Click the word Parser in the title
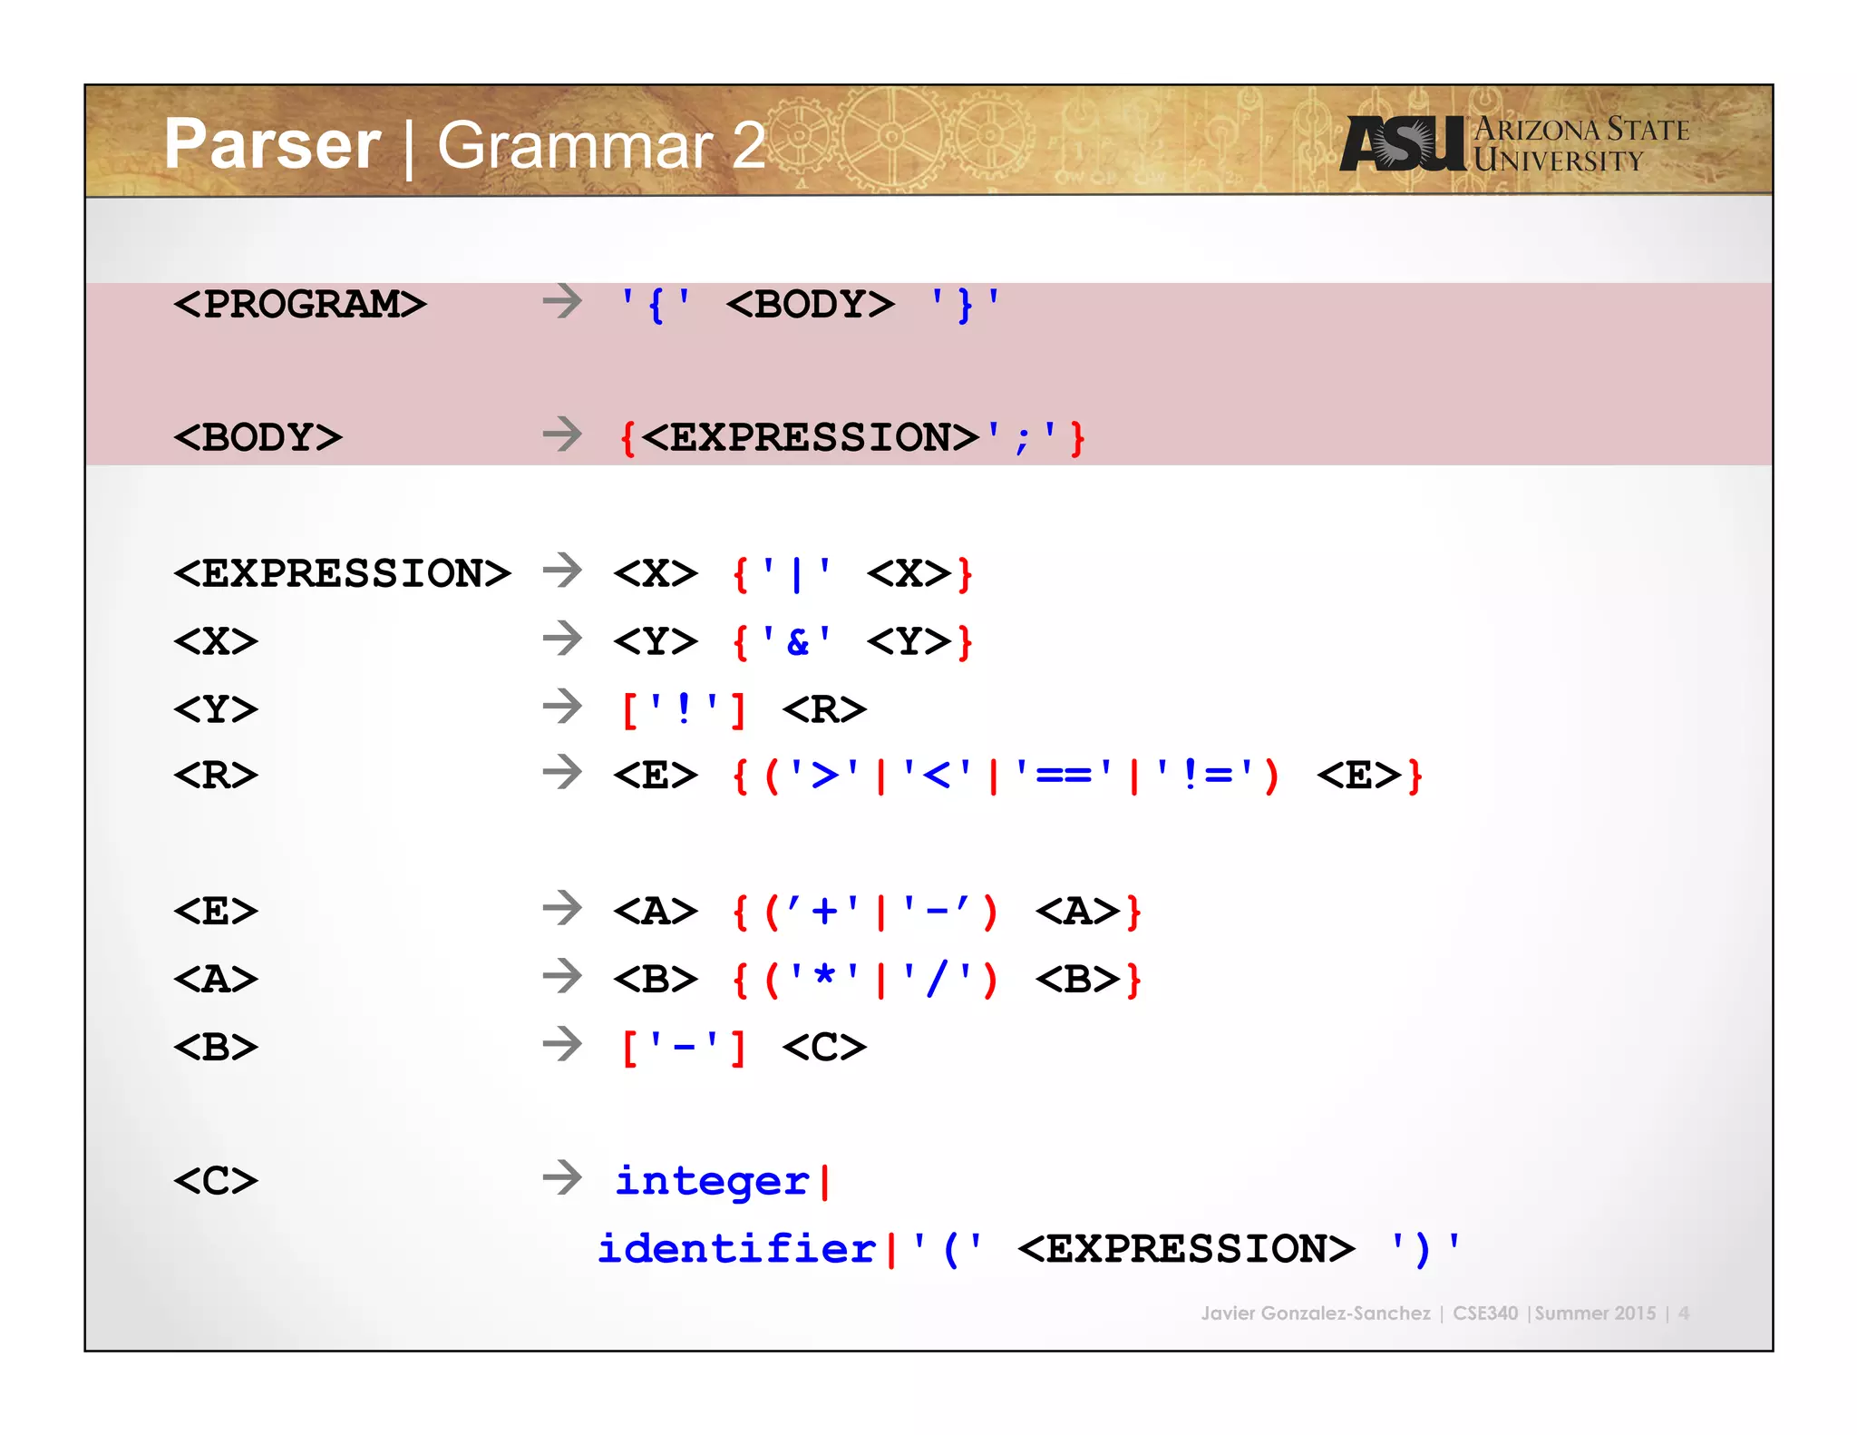[x=272, y=145]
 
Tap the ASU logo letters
[x=1402, y=143]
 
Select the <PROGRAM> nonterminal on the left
[x=299, y=304]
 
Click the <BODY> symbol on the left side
[x=258, y=437]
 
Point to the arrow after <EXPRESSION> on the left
[x=562, y=571]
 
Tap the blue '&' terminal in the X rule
[x=797, y=641]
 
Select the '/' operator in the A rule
[x=938, y=979]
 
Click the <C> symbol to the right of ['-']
[x=824, y=1047]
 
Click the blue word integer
[x=712, y=1181]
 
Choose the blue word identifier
[x=736, y=1249]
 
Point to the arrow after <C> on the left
[x=562, y=1177]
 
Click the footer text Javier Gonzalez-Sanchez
[x=1315, y=1313]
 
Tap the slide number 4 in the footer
[x=1683, y=1313]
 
